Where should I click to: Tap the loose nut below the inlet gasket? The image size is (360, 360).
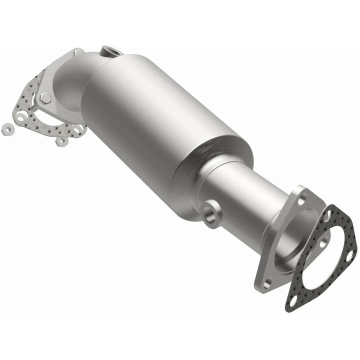tap(62, 141)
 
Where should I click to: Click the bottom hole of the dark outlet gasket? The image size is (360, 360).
tap(292, 301)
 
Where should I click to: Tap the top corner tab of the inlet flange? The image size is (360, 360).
tap(77, 51)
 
